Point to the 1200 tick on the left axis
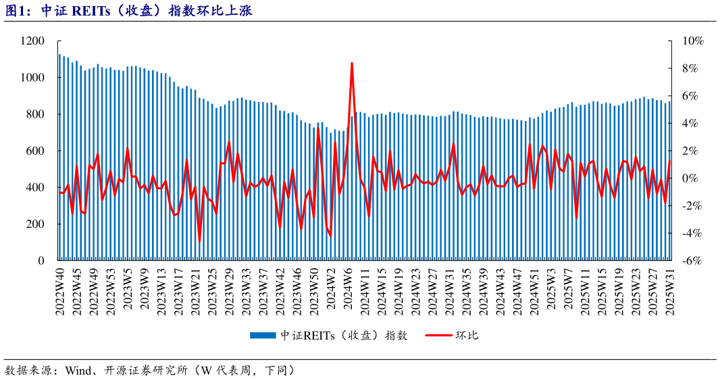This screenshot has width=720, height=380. click(x=33, y=41)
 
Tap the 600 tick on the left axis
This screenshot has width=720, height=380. click(x=36, y=151)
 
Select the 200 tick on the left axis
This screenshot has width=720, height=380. click(x=36, y=224)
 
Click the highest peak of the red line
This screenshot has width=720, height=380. click(x=352, y=64)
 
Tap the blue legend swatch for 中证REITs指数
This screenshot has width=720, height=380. click(x=263, y=335)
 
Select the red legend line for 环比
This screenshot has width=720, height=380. click(x=438, y=335)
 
